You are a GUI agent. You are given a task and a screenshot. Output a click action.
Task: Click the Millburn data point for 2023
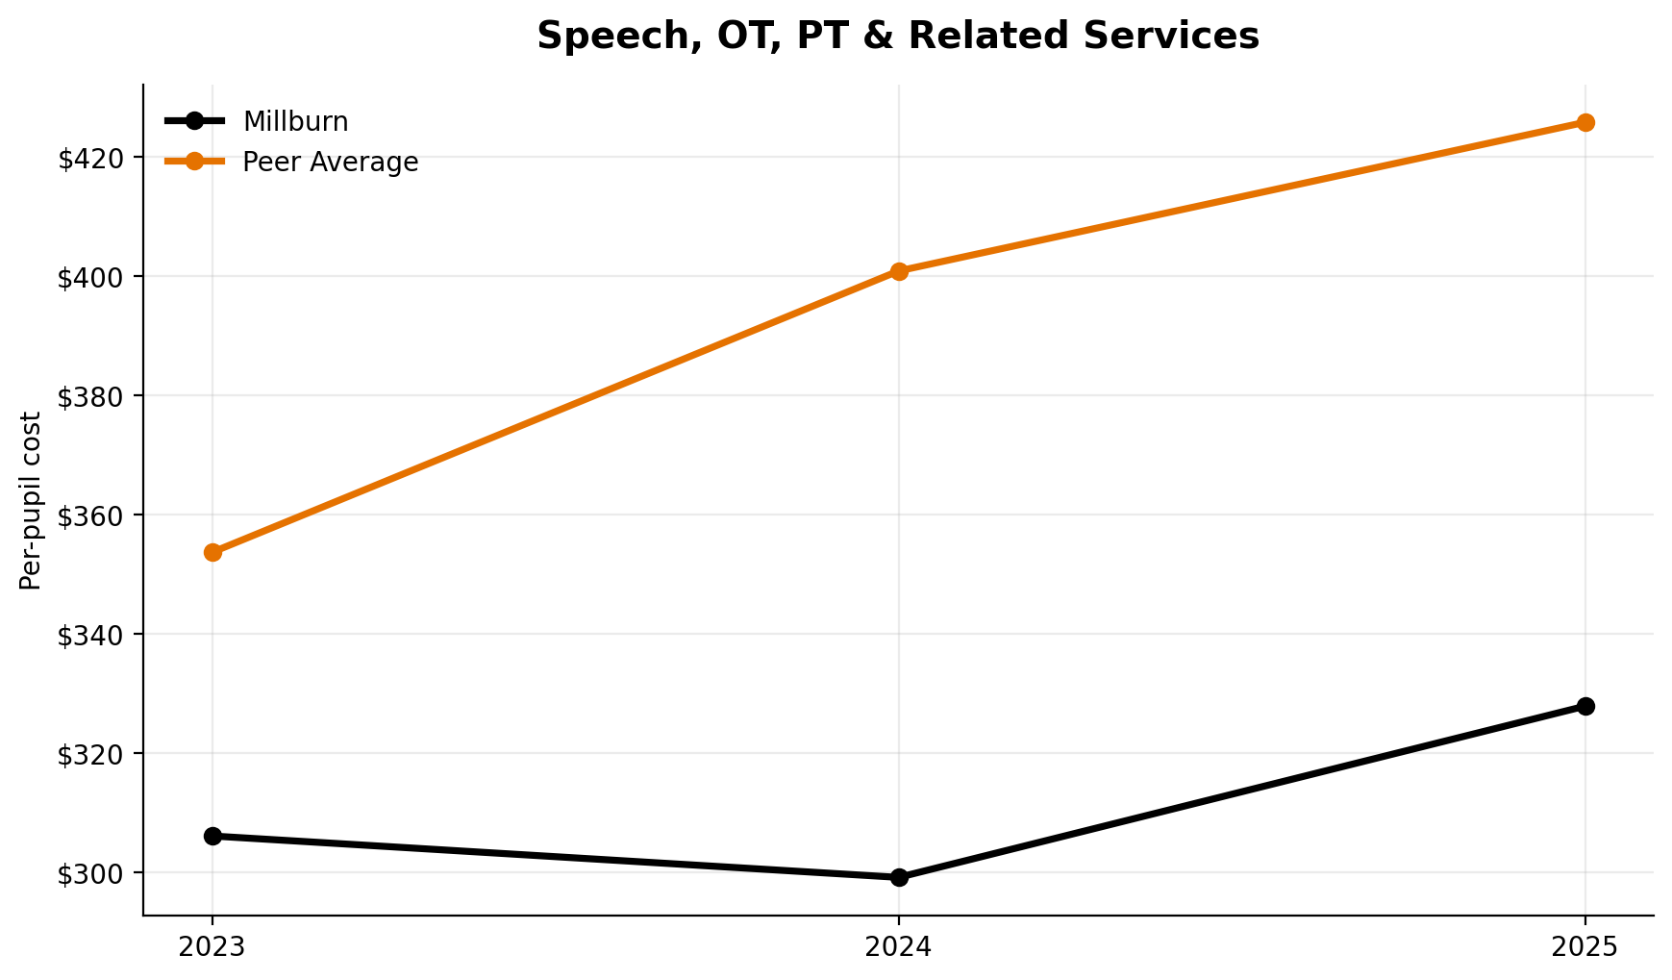(212, 836)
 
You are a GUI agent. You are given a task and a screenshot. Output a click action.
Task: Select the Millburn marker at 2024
(899, 877)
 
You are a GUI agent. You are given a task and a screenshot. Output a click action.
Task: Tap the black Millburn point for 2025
(1585, 706)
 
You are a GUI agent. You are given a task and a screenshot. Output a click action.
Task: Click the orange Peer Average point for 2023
(212, 552)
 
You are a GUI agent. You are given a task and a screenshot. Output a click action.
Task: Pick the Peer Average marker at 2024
(899, 271)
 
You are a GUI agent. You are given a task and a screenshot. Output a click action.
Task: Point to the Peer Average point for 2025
(1585, 122)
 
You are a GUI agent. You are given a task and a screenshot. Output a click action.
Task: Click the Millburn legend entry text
(295, 122)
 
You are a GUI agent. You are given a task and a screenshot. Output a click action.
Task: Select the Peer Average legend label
(330, 163)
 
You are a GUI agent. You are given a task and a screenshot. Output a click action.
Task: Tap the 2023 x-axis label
(212, 947)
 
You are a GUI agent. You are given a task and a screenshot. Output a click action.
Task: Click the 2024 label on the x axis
(899, 947)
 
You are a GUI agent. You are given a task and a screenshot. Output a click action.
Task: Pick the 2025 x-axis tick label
(1585, 947)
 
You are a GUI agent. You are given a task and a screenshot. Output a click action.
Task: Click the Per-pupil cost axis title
(31, 500)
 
